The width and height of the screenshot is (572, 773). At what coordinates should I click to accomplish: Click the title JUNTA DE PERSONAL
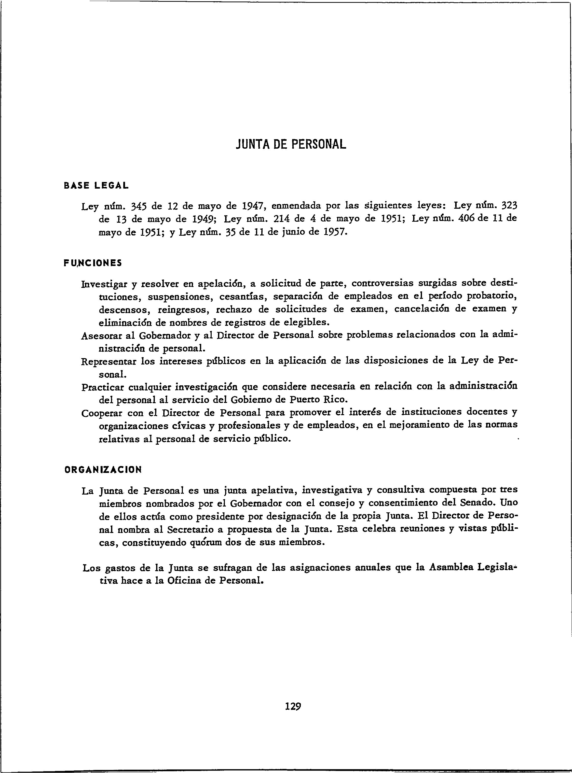click(x=291, y=144)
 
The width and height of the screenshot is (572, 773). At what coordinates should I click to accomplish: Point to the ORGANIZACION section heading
click(x=103, y=470)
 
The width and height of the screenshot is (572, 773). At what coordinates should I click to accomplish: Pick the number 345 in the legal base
click(x=140, y=207)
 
